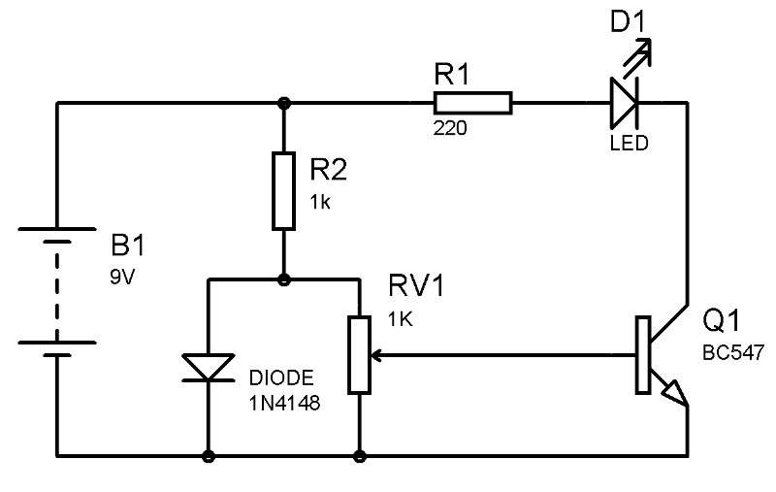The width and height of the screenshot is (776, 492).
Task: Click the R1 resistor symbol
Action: pyautogui.click(x=472, y=103)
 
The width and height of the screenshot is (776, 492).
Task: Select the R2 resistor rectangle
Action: pyautogui.click(x=283, y=190)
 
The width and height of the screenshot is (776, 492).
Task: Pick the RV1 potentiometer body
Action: pyautogui.click(x=360, y=354)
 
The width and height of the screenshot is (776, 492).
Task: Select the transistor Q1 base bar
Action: pyautogui.click(x=642, y=355)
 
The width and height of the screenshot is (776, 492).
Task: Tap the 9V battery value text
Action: pyautogui.click(x=125, y=276)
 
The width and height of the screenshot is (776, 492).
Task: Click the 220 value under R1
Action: pyautogui.click(x=450, y=127)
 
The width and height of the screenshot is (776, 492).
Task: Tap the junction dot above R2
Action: pyautogui.click(x=283, y=103)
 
